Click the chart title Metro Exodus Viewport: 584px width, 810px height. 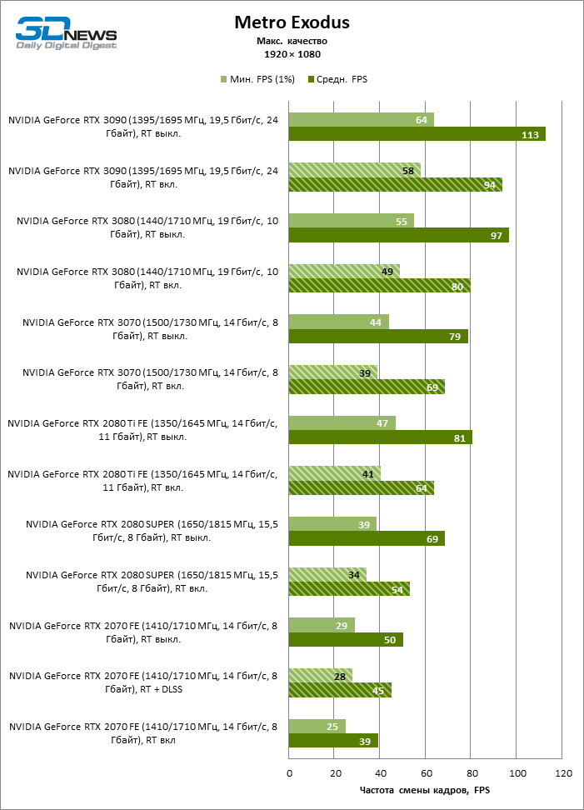click(292, 22)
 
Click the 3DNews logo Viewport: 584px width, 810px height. click(67, 34)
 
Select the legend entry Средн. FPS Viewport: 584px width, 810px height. click(337, 79)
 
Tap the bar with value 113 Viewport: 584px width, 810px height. click(417, 134)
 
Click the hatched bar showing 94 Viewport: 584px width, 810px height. click(395, 185)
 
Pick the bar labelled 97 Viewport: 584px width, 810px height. click(398, 236)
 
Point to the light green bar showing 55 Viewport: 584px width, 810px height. click(351, 221)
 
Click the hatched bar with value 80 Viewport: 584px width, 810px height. click(379, 286)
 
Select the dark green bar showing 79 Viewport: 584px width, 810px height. click(378, 337)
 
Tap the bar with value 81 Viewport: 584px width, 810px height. click(380, 437)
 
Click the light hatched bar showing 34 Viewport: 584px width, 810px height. click(327, 574)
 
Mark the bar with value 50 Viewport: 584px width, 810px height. click(346, 639)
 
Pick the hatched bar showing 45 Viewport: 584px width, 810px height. click(340, 690)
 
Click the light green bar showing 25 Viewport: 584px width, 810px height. click(317, 727)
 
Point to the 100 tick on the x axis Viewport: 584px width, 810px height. click(517, 773)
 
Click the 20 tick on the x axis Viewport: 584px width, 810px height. click(335, 773)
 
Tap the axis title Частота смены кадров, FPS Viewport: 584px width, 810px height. click(425, 790)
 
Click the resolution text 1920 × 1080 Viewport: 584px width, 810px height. click(292, 54)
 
